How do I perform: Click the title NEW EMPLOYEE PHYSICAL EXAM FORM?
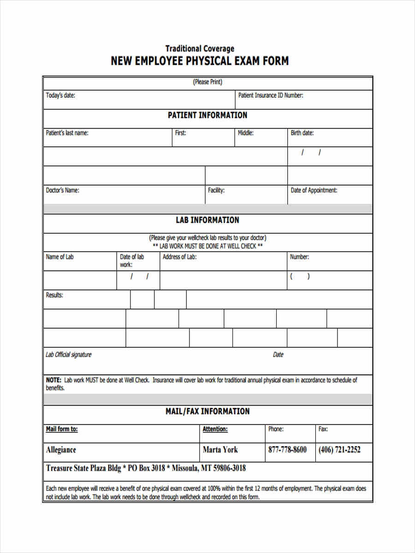200,61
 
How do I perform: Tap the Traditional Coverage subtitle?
200,48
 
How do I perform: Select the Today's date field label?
60,96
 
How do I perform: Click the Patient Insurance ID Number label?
270,96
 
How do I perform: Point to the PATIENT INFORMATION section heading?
207,115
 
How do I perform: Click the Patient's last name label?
67,133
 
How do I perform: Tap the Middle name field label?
245,133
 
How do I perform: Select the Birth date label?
302,133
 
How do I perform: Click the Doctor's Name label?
62,190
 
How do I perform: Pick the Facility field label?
216,190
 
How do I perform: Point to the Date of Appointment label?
314,190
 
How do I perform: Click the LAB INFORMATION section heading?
207,220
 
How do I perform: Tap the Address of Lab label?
179,257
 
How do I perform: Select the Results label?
54,295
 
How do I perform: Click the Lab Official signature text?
68,355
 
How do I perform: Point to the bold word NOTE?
53,380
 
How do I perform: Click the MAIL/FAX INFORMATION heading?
207,412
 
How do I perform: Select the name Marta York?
220,450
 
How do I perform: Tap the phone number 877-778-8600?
287,450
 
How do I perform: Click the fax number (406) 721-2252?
339,450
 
